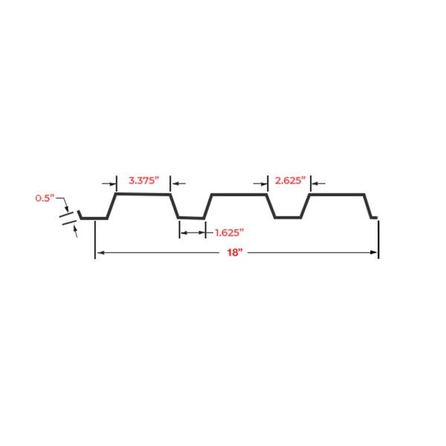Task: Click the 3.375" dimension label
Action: [143, 181]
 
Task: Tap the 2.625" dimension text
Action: [290, 181]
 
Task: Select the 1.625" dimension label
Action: [229, 233]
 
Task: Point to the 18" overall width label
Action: [235, 252]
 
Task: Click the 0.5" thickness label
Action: [45, 198]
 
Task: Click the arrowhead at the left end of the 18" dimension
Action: [100, 252]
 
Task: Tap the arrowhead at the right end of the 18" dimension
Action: [373, 252]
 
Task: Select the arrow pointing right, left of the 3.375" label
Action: [109, 184]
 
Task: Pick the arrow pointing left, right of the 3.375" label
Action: [178, 184]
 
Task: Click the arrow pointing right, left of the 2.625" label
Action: [260, 184]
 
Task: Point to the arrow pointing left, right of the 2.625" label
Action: [319, 184]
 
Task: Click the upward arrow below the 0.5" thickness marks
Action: [75, 231]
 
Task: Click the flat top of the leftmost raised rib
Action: [143, 194]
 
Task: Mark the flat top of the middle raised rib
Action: [239, 195]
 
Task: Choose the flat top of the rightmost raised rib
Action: [337, 195]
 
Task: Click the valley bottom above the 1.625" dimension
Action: [191, 218]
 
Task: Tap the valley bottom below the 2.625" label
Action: [288, 218]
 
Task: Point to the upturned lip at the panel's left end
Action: [80, 214]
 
